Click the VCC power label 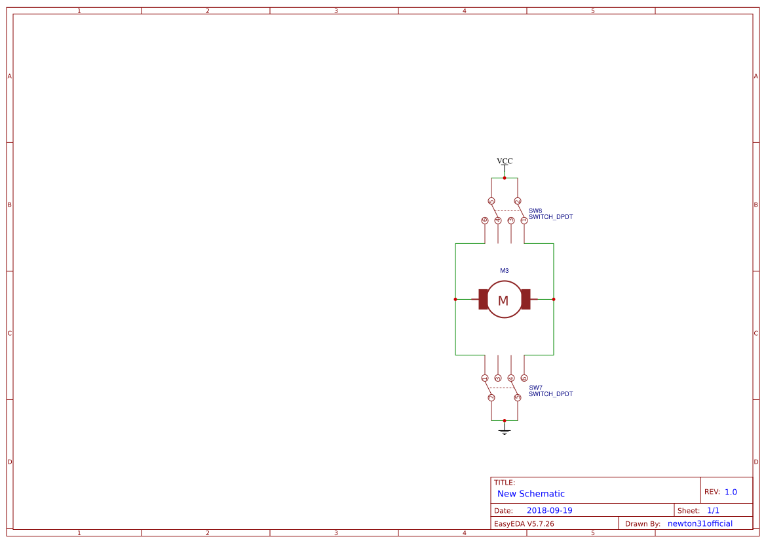505,161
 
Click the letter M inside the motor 503,301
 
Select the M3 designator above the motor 505,271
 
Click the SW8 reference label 535,211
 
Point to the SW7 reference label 535,388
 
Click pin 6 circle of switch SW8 485,220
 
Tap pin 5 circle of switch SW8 491,201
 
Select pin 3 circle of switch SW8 511,220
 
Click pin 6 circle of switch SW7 524,378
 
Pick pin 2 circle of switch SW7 491,398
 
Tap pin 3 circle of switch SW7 498,378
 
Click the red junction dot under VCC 505,178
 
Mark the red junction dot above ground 505,420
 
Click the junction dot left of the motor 455,299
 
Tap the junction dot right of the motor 554,299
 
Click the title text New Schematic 531,494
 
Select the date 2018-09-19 549,510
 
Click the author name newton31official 700,523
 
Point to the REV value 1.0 731,492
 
